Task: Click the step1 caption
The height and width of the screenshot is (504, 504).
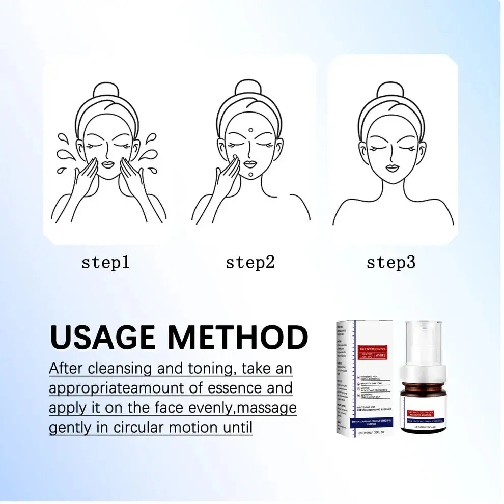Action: [105, 263]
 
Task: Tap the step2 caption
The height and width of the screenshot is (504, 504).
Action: [250, 263]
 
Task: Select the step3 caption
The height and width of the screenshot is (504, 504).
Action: [391, 263]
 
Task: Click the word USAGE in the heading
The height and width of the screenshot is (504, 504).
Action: [104, 338]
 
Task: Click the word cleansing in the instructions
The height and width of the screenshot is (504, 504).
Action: [120, 368]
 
